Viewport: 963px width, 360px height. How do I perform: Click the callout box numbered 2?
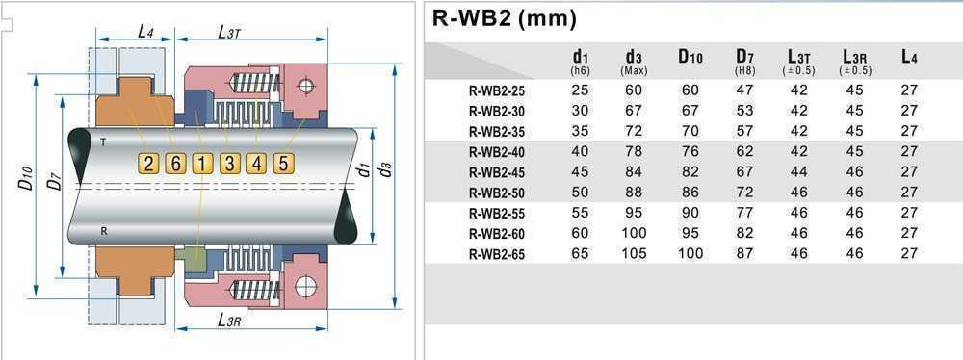tap(147, 163)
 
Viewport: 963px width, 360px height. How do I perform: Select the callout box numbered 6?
tap(174, 163)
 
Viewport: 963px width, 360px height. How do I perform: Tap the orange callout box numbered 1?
tap(201, 163)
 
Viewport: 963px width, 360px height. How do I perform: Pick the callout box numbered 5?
tap(282, 163)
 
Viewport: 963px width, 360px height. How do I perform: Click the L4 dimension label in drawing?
tap(144, 32)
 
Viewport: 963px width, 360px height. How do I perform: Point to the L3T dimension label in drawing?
tap(229, 32)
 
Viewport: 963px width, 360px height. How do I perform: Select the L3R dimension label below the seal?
tap(229, 320)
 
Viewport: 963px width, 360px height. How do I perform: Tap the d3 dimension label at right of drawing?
tap(386, 170)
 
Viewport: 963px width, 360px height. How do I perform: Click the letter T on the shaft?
tap(103, 141)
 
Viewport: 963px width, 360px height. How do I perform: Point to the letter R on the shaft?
tap(103, 231)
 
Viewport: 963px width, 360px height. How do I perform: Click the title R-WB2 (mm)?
tap(503, 18)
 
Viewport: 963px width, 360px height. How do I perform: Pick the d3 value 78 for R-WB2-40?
tap(634, 151)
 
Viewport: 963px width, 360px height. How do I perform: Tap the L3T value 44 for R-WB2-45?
tap(799, 172)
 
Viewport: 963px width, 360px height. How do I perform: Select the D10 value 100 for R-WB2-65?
tap(690, 254)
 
